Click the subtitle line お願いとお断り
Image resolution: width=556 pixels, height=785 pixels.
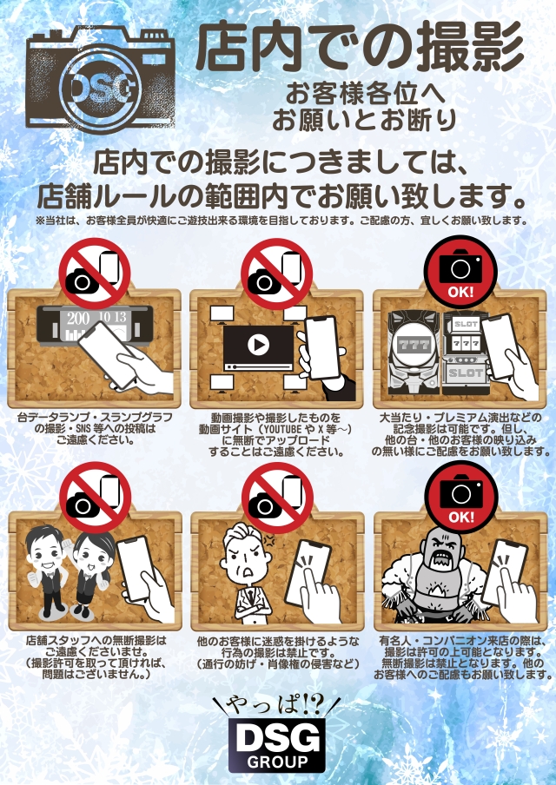coord(365,120)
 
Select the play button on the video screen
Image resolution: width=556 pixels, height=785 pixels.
coord(259,345)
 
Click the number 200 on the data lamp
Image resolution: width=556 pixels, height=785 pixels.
coord(78,319)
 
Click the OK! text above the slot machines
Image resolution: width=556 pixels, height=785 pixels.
coord(460,292)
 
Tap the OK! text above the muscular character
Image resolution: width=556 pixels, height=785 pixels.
coord(460,517)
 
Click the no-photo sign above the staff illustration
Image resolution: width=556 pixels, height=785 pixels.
coord(96,498)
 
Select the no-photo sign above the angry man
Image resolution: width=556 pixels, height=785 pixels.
coord(277,498)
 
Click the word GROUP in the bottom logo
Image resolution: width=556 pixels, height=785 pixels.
coord(277,762)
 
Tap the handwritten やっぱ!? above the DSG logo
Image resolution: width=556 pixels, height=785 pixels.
coord(276,706)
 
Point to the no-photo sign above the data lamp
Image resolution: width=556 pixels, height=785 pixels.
coord(95,274)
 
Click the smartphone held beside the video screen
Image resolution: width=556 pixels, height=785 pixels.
coord(323,347)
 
